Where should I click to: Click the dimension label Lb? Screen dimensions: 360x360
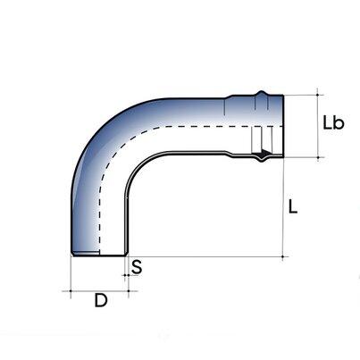332,123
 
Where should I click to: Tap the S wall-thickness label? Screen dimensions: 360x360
137,266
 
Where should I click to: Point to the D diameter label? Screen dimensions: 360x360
101,301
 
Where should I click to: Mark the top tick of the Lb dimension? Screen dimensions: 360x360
317,93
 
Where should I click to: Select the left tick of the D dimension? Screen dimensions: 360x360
71,290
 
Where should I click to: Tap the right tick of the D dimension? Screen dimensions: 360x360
126,290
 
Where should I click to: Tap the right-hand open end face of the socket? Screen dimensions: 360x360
284,125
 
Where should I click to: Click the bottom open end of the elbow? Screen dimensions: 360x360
98,255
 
